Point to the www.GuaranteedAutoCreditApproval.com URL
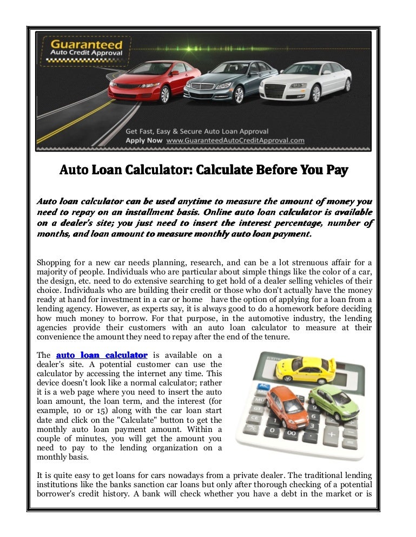coord(235,141)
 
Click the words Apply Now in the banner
coord(144,141)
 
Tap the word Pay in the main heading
coord(336,171)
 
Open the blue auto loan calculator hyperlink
coord(102,355)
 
